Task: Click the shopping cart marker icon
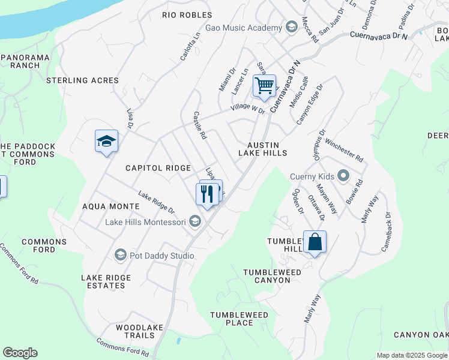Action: pyautogui.click(x=264, y=86)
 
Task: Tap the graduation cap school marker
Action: pyautogui.click(x=106, y=142)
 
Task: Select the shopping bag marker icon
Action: pyautogui.click(x=315, y=242)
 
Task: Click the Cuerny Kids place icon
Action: pyautogui.click(x=343, y=176)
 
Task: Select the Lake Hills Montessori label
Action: pyautogui.click(x=146, y=222)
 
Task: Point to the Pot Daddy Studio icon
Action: pyautogui.click(x=120, y=256)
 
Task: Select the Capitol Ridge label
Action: pyautogui.click(x=158, y=169)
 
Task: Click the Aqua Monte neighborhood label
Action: pyautogui.click(x=110, y=206)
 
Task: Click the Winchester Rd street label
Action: pyautogui.click(x=344, y=151)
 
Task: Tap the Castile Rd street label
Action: pyautogui.click(x=199, y=125)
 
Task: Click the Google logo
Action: pyautogui.click(x=20, y=353)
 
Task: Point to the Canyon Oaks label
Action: pyautogui.click(x=421, y=335)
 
